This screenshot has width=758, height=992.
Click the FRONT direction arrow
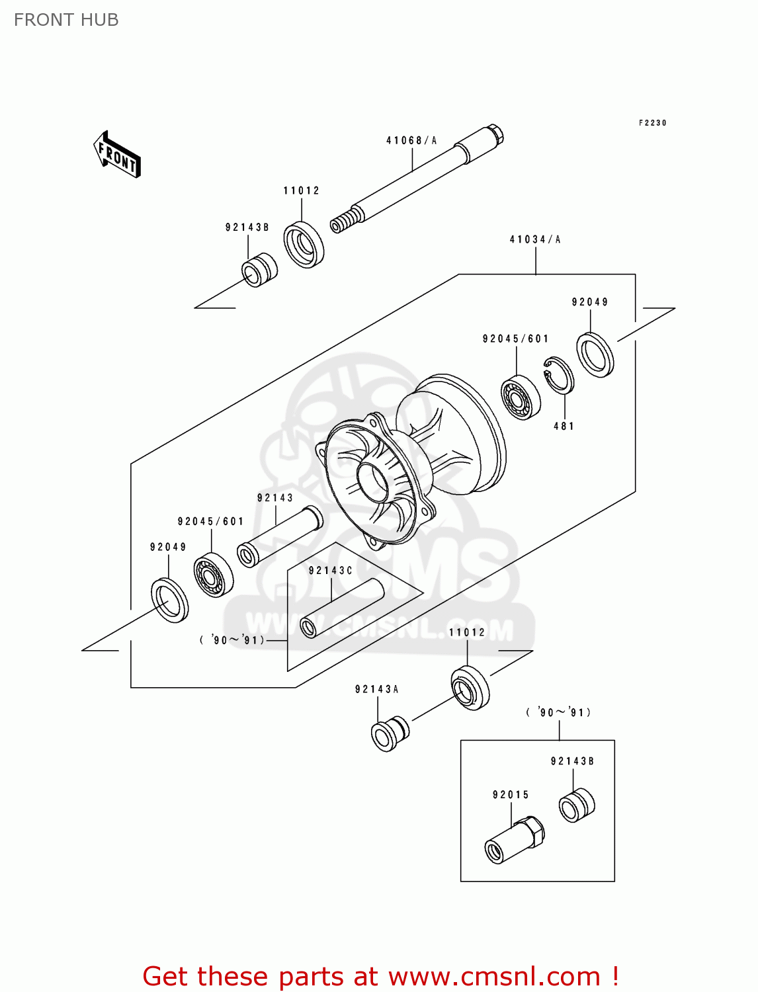(x=118, y=155)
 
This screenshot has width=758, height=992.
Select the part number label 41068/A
(x=411, y=140)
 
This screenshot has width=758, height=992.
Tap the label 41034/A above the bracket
(x=534, y=239)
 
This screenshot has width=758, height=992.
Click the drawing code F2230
(x=652, y=123)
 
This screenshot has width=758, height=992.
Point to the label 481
(x=564, y=427)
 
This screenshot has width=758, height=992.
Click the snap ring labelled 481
(x=559, y=376)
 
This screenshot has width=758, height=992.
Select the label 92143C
(x=330, y=571)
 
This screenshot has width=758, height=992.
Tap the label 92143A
(x=376, y=689)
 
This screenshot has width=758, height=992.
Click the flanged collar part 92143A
(x=390, y=733)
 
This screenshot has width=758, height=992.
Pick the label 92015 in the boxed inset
(x=511, y=795)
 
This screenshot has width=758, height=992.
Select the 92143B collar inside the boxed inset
(x=577, y=806)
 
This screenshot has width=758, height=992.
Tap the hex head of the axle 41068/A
(x=495, y=134)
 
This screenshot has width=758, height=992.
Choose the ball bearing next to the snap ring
(x=521, y=397)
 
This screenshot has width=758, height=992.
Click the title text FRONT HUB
(x=66, y=20)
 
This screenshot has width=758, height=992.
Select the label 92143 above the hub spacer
(x=274, y=498)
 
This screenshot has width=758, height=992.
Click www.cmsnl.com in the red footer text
(x=493, y=976)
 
